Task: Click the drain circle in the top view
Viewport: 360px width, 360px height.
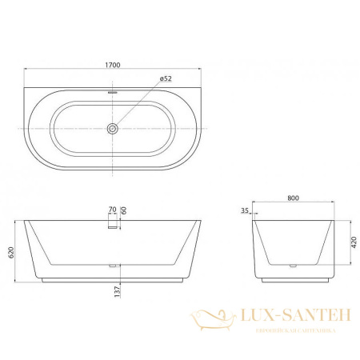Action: [114, 127]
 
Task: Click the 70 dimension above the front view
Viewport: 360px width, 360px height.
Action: [112, 210]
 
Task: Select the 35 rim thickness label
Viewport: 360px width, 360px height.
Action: [246, 213]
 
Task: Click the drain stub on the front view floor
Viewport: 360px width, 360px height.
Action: [114, 265]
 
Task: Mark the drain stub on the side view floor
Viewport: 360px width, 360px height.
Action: [294, 265]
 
